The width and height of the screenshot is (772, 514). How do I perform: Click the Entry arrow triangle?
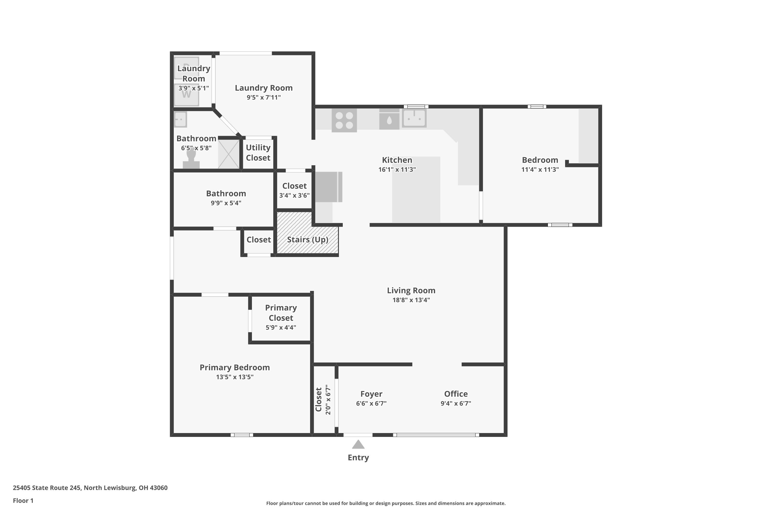358,445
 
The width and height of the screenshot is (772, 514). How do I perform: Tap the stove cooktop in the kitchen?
344,120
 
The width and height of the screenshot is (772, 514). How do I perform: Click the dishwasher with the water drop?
389,119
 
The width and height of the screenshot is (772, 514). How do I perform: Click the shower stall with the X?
229,154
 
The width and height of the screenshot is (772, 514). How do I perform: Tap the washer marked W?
186,95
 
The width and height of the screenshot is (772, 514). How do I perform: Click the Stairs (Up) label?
308,240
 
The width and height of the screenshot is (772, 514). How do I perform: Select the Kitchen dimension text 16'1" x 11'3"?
397,169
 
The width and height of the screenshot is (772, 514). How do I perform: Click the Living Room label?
411,290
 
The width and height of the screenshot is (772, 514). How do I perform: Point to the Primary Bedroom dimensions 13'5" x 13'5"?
235,377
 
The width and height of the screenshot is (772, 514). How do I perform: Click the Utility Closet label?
258,153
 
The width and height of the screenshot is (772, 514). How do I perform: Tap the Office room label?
456,394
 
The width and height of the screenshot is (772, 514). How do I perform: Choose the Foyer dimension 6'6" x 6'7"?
371,403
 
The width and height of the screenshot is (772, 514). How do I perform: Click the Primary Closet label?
281,313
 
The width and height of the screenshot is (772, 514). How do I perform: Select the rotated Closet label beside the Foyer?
318,399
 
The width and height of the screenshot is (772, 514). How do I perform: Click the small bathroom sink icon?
180,119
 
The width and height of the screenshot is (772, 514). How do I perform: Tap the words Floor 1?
23,501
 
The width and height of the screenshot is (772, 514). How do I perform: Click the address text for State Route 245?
90,488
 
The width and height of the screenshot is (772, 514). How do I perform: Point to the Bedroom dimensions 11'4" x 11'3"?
540,169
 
